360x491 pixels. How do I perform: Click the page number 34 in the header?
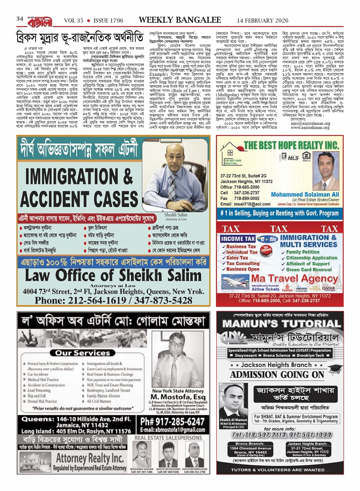pyautogui.click(x=20, y=19)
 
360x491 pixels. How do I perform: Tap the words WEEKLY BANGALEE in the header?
pyautogui.click(x=179, y=20)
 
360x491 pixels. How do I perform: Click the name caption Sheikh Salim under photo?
pyautogui.click(x=176, y=215)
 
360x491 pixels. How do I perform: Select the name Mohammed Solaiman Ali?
pyautogui.click(x=305, y=194)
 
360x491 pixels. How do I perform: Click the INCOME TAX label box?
pyautogui.click(x=238, y=239)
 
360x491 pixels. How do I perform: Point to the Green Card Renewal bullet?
pyautogui.click(x=309, y=269)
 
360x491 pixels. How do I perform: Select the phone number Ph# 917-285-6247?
pyautogui.click(x=173, y=422)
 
